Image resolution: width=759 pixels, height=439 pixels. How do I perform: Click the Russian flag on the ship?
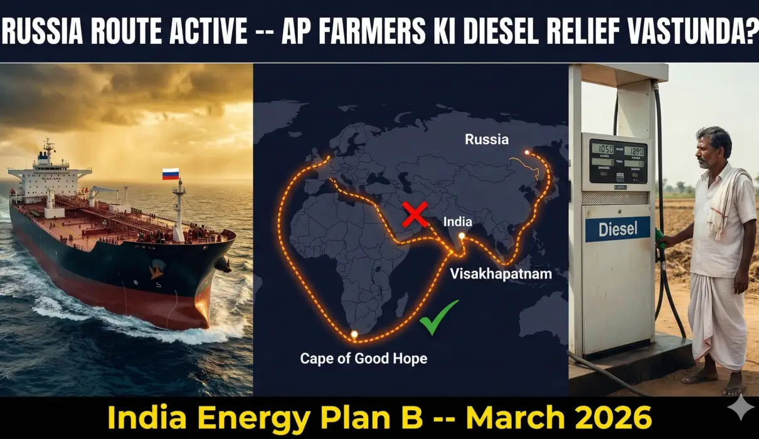click(171, 174)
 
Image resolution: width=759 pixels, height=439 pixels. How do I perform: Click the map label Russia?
click(487, 139)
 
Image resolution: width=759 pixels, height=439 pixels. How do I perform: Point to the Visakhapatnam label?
click(501, 273)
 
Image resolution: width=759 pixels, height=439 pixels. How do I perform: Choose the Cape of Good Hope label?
click(363, 359)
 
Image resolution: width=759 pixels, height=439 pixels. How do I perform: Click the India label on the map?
click(458, 221)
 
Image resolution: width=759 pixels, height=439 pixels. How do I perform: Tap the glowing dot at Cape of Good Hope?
click(354, 335)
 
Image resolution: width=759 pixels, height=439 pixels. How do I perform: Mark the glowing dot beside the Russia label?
click(526, 152)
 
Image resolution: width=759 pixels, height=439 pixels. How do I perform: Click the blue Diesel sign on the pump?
click(618, 229)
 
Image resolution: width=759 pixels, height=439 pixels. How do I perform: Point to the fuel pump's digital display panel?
click(618, 161)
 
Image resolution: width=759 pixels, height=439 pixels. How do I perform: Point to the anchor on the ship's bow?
click(155, 270)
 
